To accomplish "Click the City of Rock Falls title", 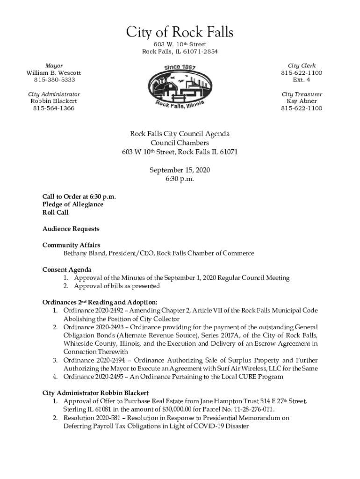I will click(180, 33).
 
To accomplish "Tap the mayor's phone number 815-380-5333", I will click(54, 80).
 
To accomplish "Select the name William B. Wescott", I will click(54, 73).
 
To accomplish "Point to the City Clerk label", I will click(302, 66).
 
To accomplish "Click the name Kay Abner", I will click(302, 101).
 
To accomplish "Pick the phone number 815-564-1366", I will click(54, 108).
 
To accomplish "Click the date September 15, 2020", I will click(180, 170).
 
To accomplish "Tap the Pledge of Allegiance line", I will click(73, 204).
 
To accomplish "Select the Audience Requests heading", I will click(71, 229).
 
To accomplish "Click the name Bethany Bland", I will click(84, 253).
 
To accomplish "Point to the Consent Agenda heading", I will click(67, 269).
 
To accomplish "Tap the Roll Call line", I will click(56, 212).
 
